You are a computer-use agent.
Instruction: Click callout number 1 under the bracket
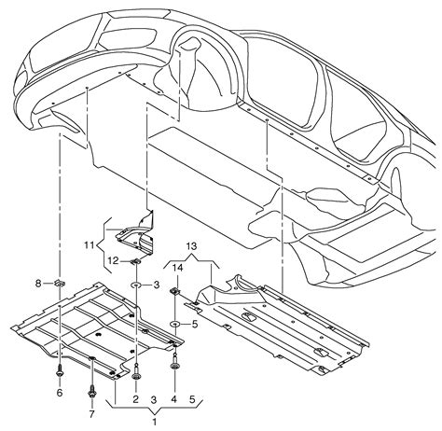[x=155, y=422]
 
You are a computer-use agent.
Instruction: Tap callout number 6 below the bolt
[x=60, y=393]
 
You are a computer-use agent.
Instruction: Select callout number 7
[x=91, y=414]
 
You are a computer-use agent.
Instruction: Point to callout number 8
[x=38, y=284]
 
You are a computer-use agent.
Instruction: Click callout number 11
[x=90, y=245]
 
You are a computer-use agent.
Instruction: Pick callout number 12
[x=114, y=260]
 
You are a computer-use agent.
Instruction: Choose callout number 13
[x=192, y=246]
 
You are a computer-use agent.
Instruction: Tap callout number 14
[x=178, y=268]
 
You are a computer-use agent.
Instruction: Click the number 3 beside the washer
[x=157, y=285]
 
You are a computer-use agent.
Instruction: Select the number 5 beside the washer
[x=195, y=325]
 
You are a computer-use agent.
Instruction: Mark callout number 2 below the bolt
[x=135, y=399]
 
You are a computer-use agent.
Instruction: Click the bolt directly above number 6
[x=60, y=371]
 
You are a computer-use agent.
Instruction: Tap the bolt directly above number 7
[x=92, y=392]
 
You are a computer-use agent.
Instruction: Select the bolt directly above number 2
[x=136, y=372]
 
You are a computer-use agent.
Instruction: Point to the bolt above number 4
[x=174, y=363]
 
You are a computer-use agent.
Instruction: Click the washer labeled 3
[x=136, y=285]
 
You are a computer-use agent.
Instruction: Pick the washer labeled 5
[x=175, y=325]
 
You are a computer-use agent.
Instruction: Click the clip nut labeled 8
[x=59, y=283]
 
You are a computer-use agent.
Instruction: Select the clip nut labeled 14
[x=174, y=291]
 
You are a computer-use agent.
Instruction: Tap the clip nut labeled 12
[x=136, y=261]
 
